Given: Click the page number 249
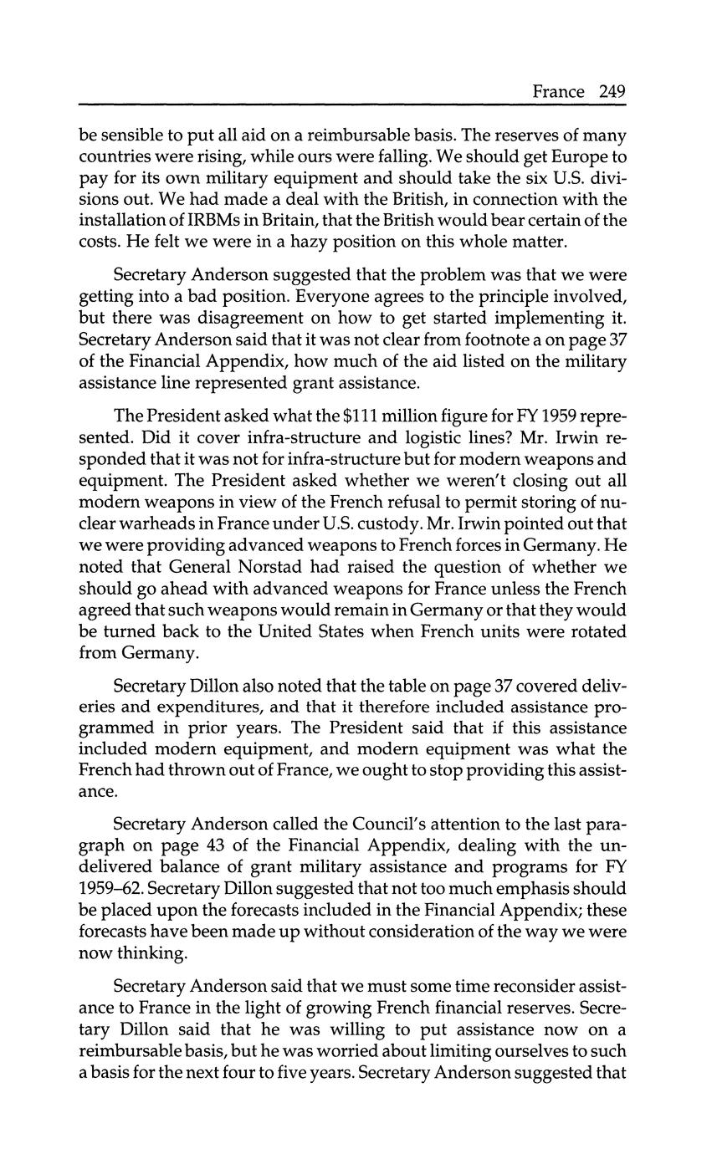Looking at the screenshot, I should point(612,91).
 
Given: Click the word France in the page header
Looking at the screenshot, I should point(558,91).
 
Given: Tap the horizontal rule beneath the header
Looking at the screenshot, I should point(352,105).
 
